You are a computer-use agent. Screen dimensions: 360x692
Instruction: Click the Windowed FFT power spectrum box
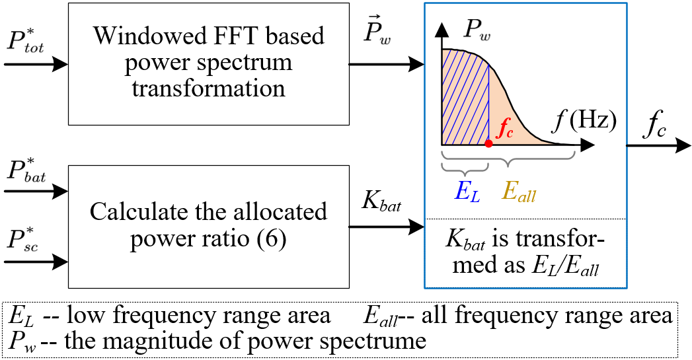[x=209, y=64]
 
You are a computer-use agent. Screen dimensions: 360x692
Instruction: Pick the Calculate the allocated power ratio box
[x=209, y=226]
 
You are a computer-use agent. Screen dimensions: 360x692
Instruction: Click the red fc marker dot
[x=488, y=143]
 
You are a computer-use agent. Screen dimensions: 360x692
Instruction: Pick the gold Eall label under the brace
[x=519, y=192]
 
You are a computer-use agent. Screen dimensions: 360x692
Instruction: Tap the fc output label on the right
[x=656, y=122]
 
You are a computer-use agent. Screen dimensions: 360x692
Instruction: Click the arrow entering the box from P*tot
[x=36, y=64]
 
